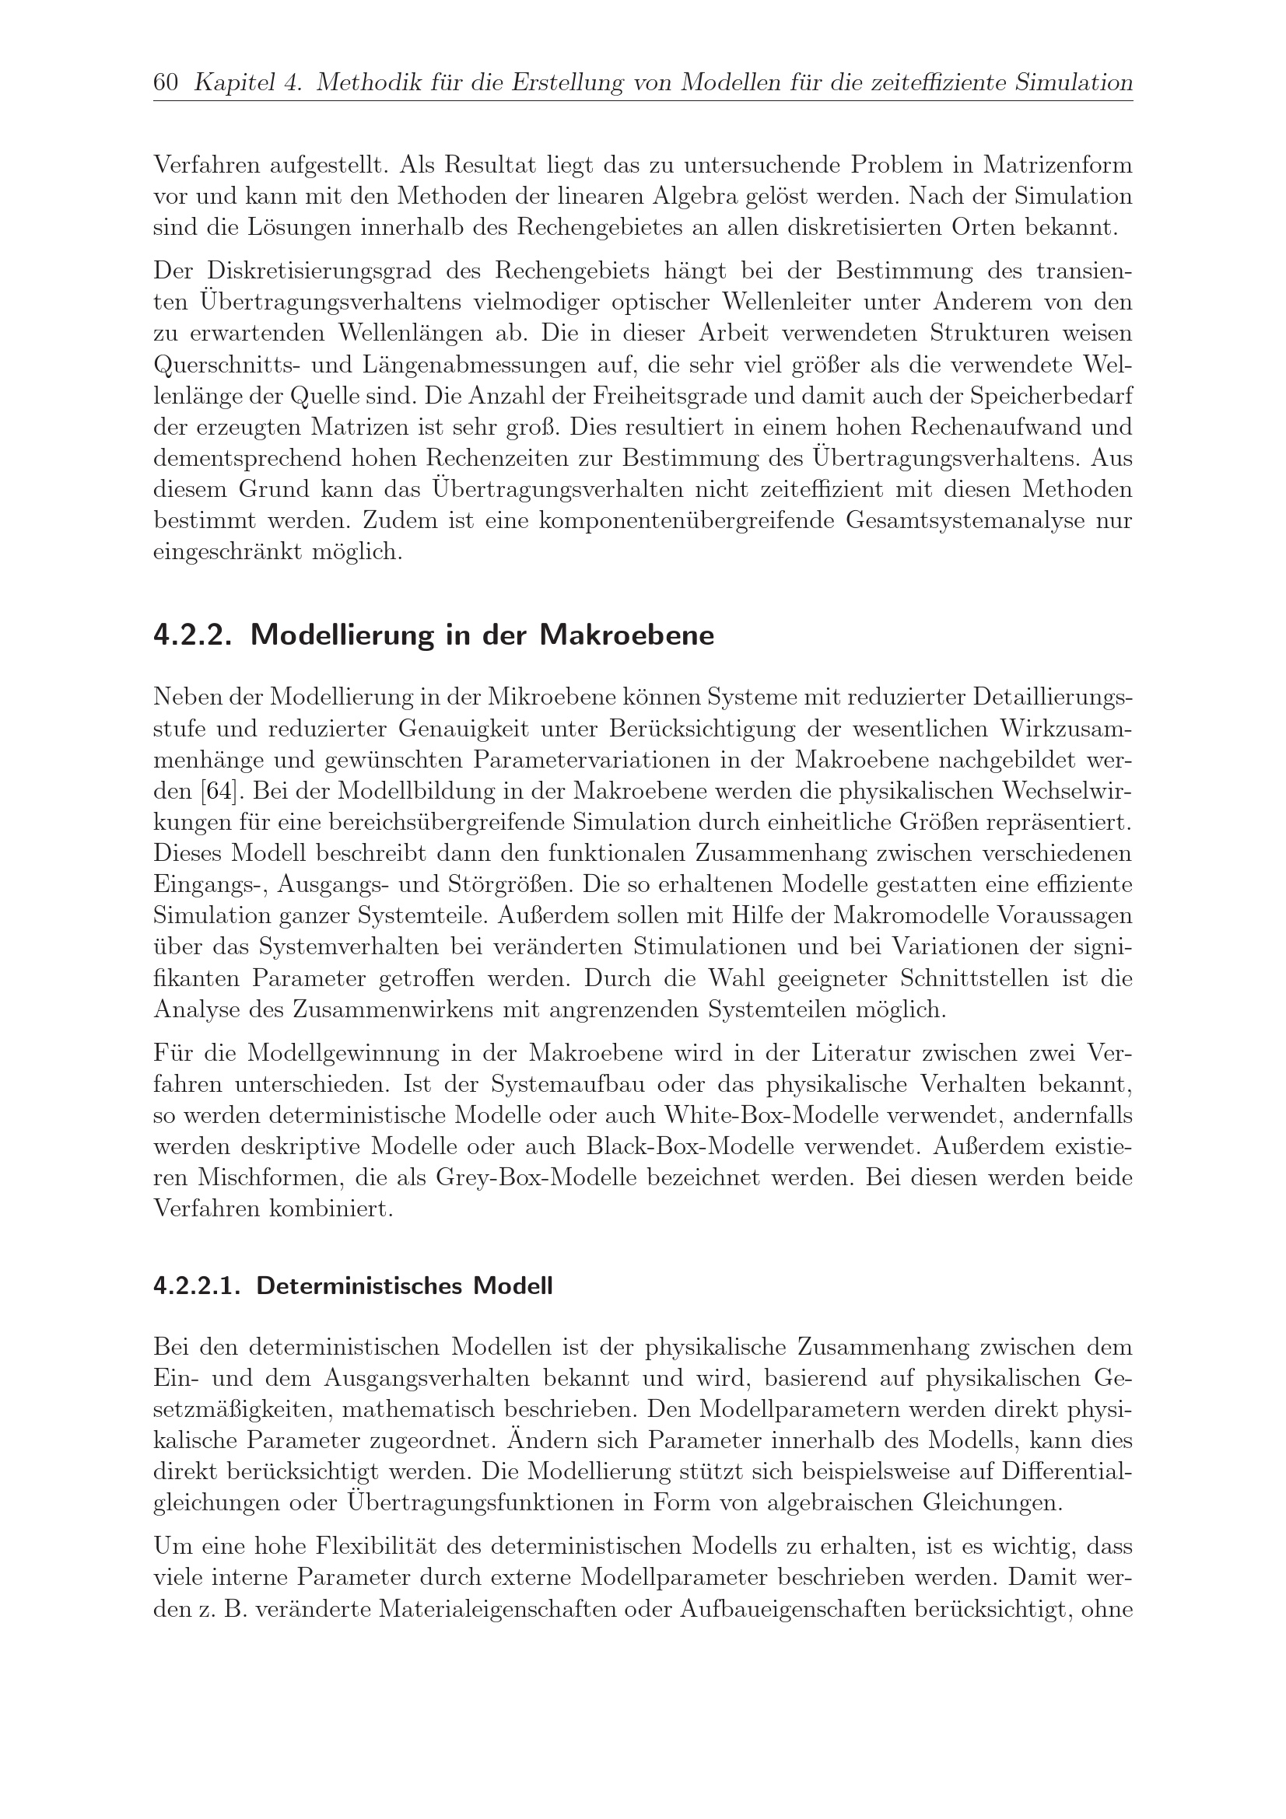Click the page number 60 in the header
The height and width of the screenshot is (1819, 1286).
pyautogui.click(x=165, y=83)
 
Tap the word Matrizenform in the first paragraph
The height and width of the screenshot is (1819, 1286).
pyautogui.click(x=1058, y=166)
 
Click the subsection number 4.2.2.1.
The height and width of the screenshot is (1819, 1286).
pyautogui.click(x=198, y=1286)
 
